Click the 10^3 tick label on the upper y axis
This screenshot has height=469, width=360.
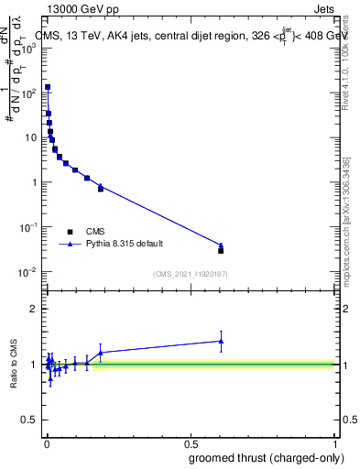click(27, 48)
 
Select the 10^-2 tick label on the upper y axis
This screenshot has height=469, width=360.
click(27, 271)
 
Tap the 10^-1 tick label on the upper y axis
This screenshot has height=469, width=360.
click(27, 226)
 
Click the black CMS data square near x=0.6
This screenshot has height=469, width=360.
click(221, 250)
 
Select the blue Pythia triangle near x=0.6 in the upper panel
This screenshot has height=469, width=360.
click(221, 245)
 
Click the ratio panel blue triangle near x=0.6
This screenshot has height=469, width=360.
click(221, 341)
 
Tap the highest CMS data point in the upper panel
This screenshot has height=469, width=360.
click(48, 87)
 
